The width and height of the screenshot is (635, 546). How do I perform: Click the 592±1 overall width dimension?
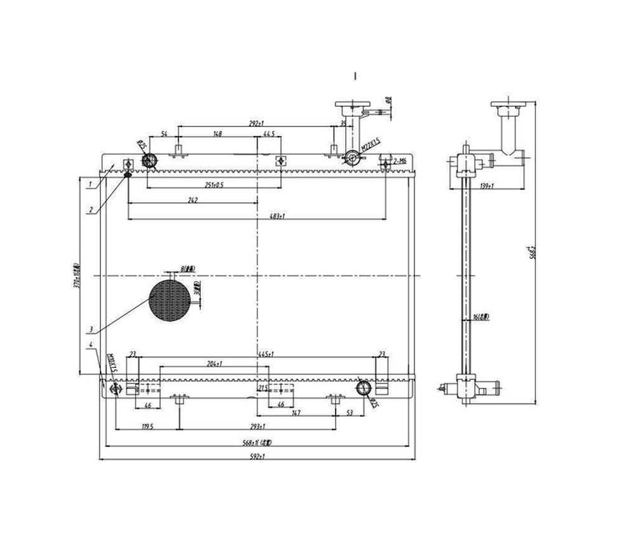257,456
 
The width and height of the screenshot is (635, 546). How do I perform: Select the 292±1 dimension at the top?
257,124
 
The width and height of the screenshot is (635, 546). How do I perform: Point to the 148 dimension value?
217,134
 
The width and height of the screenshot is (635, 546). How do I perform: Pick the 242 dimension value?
193,200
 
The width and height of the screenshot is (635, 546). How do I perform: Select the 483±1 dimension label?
277,217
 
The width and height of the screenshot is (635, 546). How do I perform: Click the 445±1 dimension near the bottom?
266,354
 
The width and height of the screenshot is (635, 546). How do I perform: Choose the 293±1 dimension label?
257,427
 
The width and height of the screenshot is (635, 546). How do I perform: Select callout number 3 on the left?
92,329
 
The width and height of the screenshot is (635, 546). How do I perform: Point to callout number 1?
92,184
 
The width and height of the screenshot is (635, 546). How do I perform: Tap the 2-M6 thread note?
400,161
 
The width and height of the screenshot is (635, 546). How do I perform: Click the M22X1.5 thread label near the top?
370,146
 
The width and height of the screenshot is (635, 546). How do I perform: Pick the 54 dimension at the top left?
164,134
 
